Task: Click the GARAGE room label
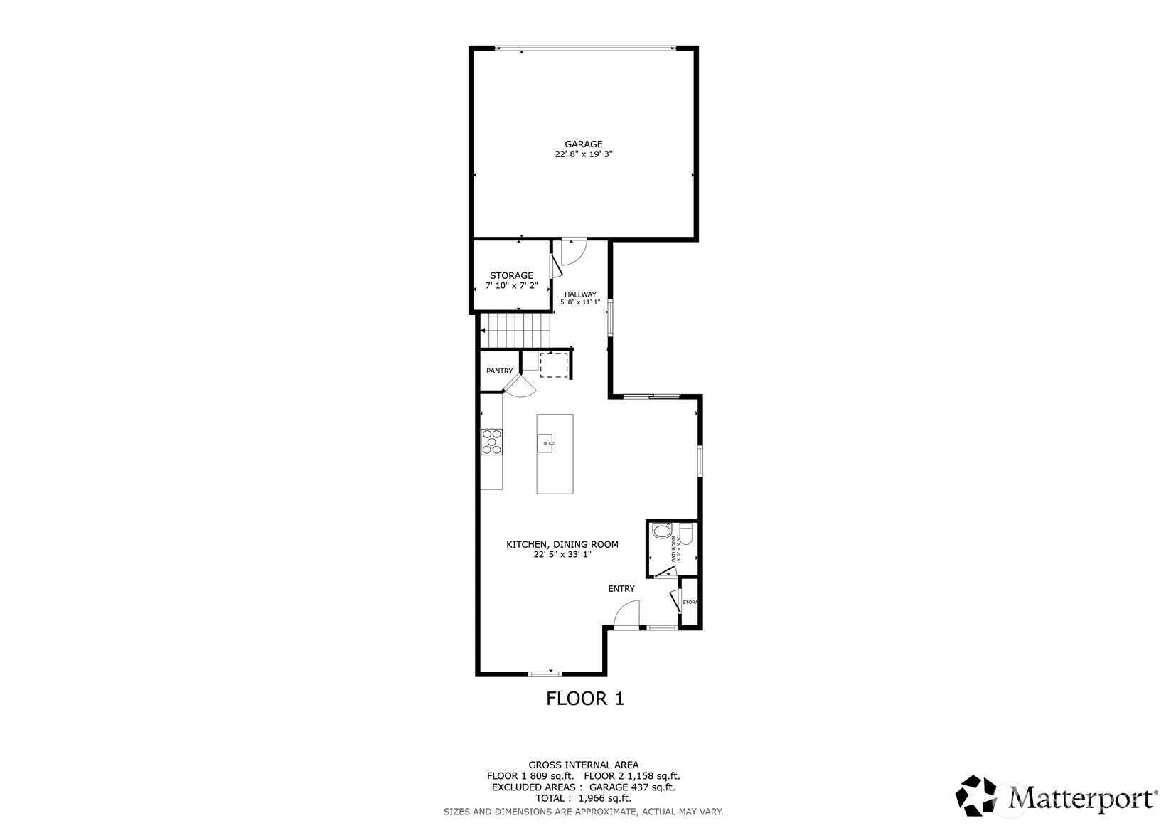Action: coord(583,144)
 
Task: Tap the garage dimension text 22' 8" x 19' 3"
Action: coord(583,154)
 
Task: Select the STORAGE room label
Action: coord(511,276)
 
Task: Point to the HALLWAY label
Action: coord(580,294)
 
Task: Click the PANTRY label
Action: coord(500,371)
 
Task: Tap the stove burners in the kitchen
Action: coord(491,441)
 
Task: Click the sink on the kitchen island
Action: coord(546,443)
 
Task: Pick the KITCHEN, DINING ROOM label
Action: coord(562,545)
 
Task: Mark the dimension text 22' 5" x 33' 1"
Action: coord(562,555)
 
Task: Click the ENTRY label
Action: coord(621,589)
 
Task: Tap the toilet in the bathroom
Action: coord(686,534)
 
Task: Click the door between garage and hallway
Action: coord(572,252)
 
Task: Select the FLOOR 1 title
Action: coord(584,699)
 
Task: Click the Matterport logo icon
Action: coord(977,796)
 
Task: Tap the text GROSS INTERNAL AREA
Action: coord(583,765)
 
